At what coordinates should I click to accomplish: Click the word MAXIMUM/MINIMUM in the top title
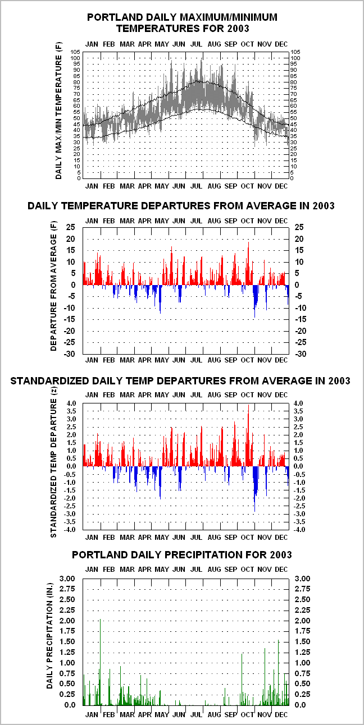(222, 17)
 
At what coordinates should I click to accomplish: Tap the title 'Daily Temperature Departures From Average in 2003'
(181, 206)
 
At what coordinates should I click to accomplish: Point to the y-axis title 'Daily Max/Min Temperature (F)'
(58, 111)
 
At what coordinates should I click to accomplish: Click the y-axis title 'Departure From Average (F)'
(53, 286)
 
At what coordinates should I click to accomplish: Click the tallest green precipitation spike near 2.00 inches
(100, 662)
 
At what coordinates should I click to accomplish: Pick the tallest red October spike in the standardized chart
(249, 435)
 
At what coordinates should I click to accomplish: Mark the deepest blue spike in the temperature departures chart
(254, 301)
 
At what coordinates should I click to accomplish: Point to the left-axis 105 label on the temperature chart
(75, 52)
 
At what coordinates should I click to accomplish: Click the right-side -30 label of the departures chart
(300, 354)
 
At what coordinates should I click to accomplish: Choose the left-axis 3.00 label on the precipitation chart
(67, 579)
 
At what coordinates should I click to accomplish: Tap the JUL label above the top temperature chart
(196, 44)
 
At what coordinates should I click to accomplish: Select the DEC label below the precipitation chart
(281, 714)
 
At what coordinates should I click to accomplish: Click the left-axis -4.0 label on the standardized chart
(70, 530)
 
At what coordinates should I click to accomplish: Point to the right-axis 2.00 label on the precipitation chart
(302, 621)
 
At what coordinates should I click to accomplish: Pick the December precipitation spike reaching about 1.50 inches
(279, 673)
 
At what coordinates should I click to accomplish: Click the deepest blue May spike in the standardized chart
(160, 483)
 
